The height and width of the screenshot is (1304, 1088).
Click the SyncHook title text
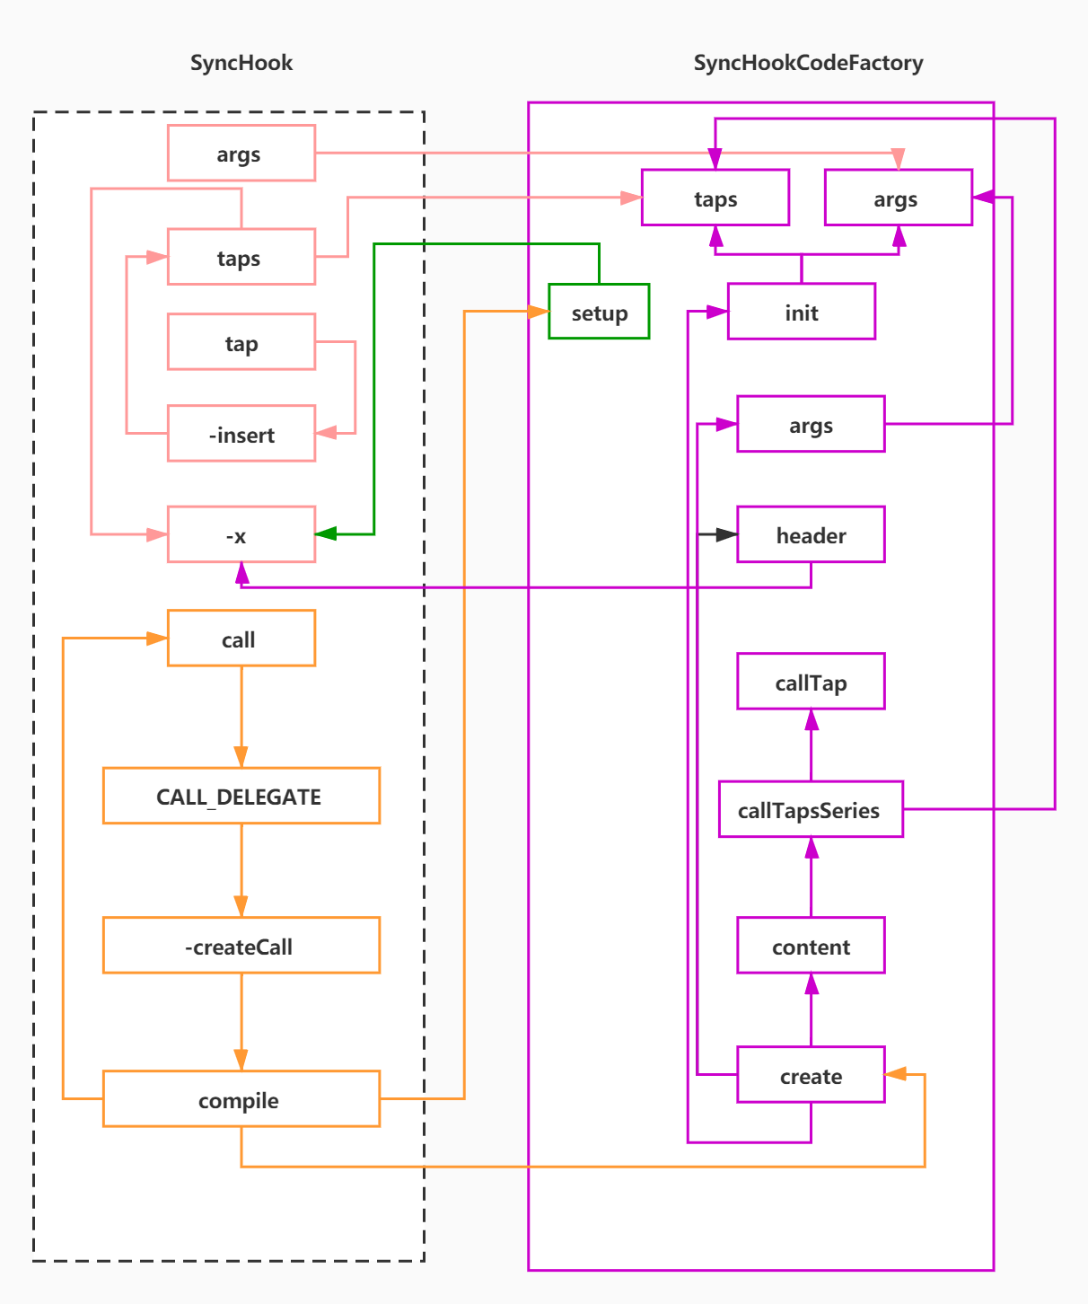pos(241,63)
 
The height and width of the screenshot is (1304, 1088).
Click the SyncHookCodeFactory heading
pos(808,63)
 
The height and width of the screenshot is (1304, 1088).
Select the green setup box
pos(599,312)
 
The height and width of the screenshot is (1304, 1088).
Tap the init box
pos(802,312)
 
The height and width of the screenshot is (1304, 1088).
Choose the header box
pos(811,534)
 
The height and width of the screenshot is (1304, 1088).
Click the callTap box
pos(811,682)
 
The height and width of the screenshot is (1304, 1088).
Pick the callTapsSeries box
pos(811,809)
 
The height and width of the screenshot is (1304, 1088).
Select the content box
pos(811,946)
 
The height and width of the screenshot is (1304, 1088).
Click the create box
pos(811,1075)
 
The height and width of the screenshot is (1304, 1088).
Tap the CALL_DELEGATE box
pos(241,796)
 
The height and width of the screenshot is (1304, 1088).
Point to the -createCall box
pos(241,946)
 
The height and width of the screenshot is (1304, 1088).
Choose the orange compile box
pos(241,1099)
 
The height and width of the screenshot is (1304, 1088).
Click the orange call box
pos(241,639)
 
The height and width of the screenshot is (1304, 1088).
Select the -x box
pos(241,534)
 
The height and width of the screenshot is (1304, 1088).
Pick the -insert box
pos(241,434)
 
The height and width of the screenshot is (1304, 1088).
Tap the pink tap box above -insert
pos(241,342)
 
